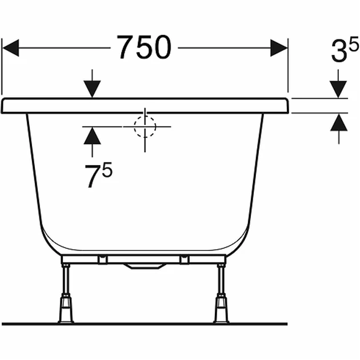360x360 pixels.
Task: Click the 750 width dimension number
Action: tap(144, 47)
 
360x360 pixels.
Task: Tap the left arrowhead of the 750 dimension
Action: tap(10, 48)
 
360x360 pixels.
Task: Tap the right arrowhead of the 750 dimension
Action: tap(279, 48)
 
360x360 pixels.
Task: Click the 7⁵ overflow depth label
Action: tap(98, 175)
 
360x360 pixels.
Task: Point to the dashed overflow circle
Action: tap(145, 126)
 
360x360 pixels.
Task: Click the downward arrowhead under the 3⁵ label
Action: tap(338, 89)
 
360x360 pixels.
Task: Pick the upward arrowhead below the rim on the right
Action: tap(339, 123)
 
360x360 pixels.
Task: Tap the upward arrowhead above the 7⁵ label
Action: tap(93, 135)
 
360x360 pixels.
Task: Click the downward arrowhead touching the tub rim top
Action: tap(92, 89)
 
